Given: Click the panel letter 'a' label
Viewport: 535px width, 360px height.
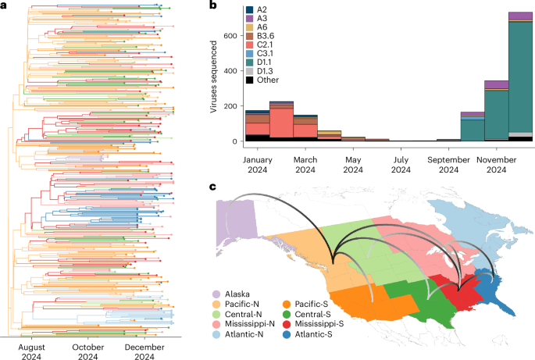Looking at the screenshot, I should click(x=5, y=5).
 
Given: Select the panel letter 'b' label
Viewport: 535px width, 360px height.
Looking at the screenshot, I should click(x=213, y=5).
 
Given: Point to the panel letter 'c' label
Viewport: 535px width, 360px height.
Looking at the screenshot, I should click(x=213, y=187).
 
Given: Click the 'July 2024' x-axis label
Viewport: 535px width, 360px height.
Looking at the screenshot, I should click(x=401, y=162).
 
